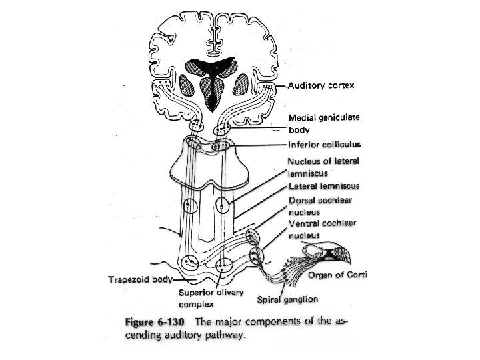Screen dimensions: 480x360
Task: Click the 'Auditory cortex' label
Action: coord(321,85)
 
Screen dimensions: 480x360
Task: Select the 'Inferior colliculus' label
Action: coord(324,145)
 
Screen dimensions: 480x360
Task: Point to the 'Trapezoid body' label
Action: coord(138,279)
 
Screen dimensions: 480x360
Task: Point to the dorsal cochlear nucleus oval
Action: coord(251,236)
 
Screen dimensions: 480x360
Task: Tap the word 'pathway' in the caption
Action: coord(225,335)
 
